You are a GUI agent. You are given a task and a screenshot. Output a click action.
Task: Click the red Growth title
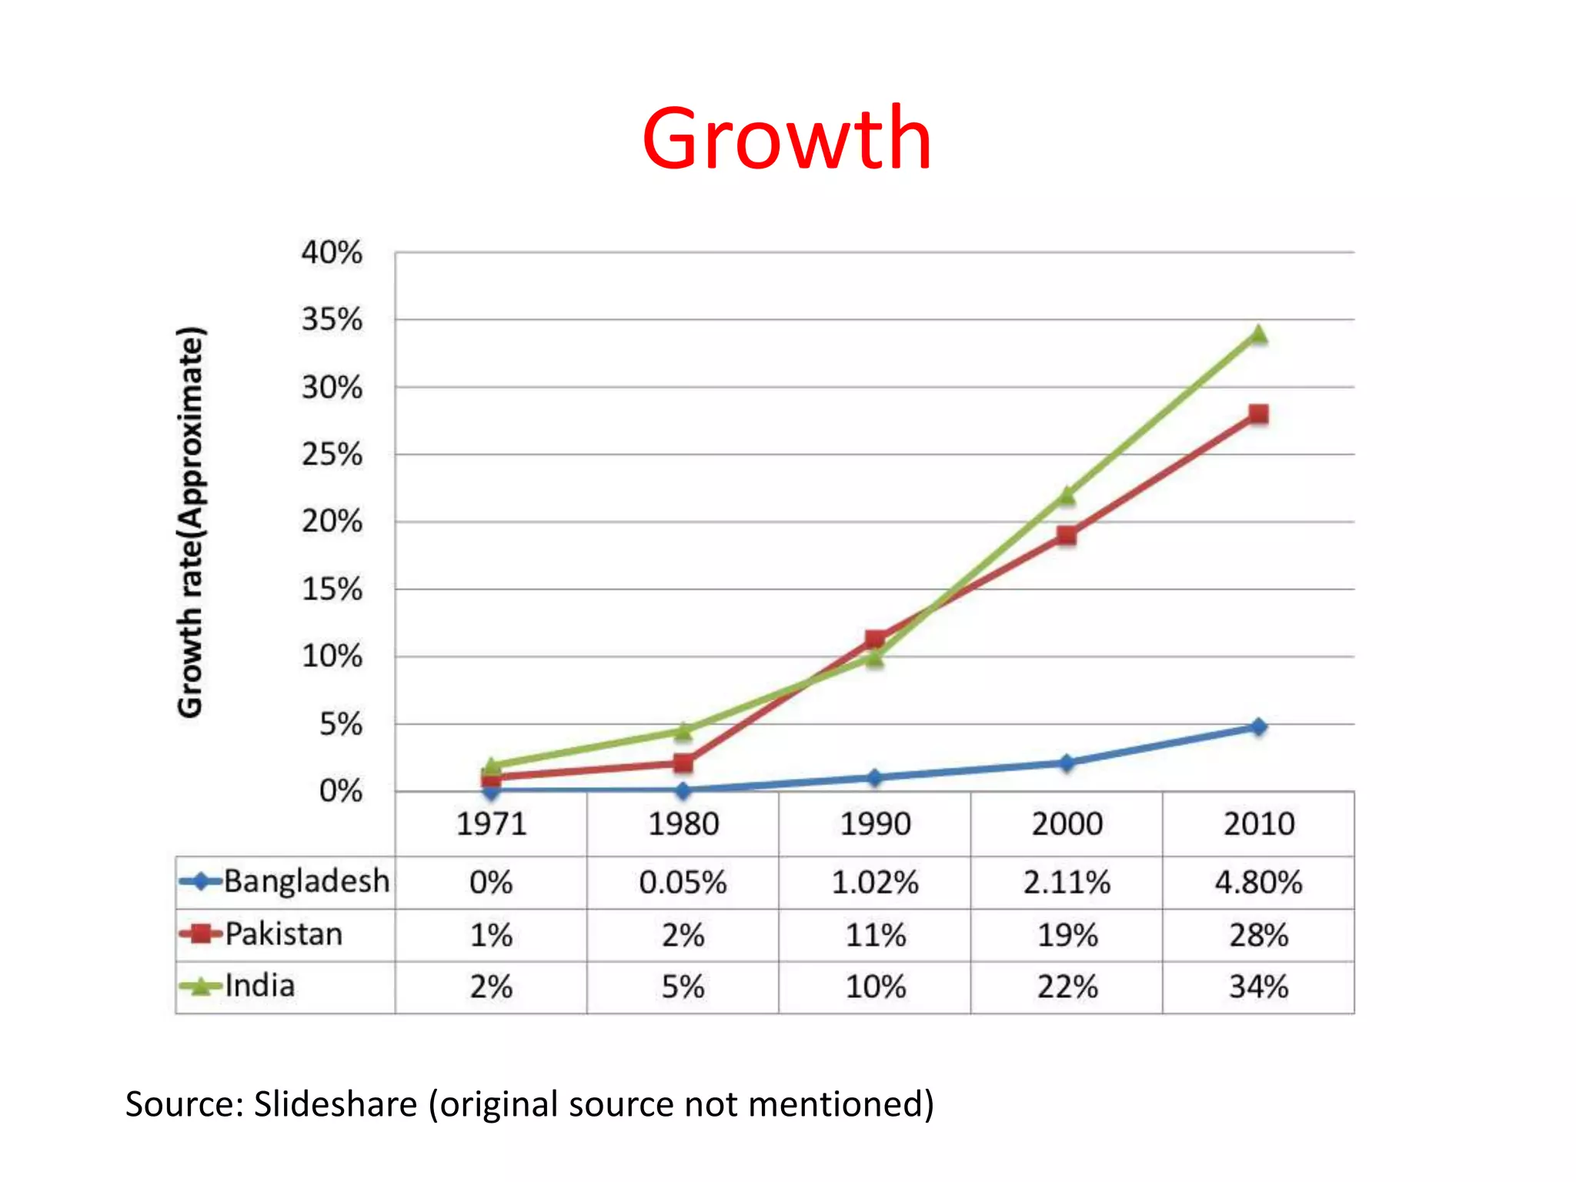tap(786, 139)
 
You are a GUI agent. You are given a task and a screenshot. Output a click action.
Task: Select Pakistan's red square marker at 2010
tap(1258, 415)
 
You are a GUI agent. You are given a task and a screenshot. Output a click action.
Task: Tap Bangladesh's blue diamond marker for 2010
tap(1258, 726)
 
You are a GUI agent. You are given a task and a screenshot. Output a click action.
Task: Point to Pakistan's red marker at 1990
tap(875, 639)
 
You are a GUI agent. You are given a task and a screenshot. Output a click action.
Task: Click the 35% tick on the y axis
tap(332, 319)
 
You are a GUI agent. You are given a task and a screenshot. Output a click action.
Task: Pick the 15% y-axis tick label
tap(332, 589)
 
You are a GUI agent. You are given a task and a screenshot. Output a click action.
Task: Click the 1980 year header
tap(683, 824)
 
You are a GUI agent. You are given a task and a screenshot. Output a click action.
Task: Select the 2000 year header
tap(1067, 824)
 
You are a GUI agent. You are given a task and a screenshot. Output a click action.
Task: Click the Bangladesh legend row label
tap(306, 881)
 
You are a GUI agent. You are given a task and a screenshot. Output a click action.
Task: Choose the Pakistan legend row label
tap(283, 934)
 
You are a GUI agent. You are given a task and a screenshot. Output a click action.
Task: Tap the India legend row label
tap(259, 986)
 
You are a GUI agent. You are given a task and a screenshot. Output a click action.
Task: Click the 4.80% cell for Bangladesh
tap(1258, 882)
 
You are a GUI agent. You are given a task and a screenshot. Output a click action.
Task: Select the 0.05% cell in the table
tap(683, 882)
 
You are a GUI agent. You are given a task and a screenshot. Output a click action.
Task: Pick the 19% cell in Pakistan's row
tap(1067, 935)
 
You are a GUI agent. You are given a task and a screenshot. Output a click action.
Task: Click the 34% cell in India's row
tap(1258, 987)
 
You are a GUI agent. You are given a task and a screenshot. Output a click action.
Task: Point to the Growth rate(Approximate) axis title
tap(190, 522)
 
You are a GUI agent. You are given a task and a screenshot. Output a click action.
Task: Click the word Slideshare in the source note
tap(336, 1104)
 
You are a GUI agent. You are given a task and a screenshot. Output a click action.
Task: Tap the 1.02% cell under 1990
tap(875, 882)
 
